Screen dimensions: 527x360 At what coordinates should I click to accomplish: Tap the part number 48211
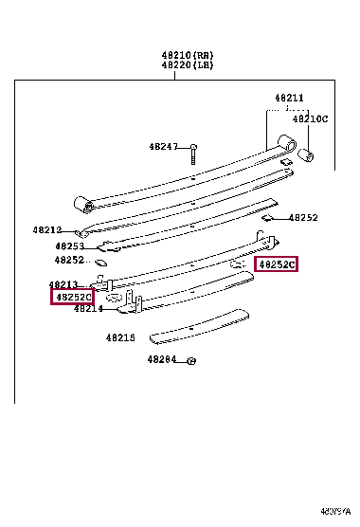click(289, 98)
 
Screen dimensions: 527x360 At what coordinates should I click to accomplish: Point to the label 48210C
click(310, 118)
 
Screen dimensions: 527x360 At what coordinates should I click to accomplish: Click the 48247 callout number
click(163, 147)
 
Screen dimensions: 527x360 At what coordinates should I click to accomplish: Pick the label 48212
click(45, 230)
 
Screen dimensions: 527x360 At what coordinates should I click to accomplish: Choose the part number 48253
click(69, 245)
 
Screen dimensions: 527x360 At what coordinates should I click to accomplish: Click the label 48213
click(64, 284)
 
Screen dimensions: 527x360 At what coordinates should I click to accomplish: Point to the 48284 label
click(162, 360)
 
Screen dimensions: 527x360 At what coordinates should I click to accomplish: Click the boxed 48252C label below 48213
click(73, 298)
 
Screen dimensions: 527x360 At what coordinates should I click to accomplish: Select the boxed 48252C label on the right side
click(277, 265)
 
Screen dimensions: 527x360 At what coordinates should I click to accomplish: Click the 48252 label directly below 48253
click(69, 260)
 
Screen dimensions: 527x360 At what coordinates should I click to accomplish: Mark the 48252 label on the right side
click(303, 217)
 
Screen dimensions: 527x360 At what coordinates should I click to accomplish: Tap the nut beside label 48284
click(190, 360)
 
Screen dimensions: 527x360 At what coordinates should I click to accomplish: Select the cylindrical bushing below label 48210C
click(307, 154)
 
